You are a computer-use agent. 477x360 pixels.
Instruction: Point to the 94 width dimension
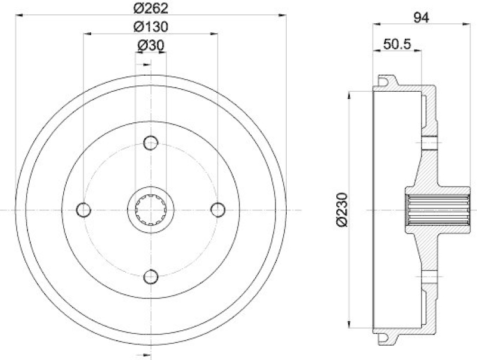click(x=422, y=18)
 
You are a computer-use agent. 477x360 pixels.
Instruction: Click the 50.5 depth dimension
click(x=398, y=44)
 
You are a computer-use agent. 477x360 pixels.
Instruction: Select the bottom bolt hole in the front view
click(x=151, y=276)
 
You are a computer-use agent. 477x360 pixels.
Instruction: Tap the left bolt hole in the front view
click(x=84, y=209)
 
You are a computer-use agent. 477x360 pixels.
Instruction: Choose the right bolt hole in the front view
click(x=218, y=209)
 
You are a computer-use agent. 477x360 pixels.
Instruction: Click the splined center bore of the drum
click(x=151, y=209)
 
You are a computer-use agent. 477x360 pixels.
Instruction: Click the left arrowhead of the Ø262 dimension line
click(x=18, y=15)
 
